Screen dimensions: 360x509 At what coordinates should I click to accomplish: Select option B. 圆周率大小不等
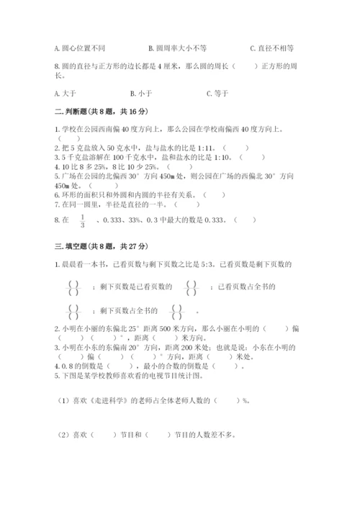coord(177,48)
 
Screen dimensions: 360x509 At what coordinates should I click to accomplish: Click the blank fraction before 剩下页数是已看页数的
coord(71,287)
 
